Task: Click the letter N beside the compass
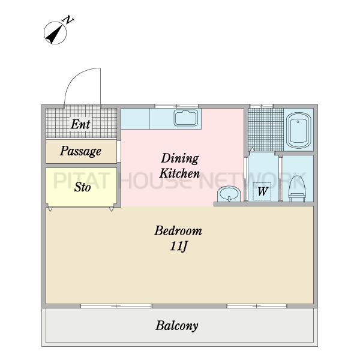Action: [68, 20]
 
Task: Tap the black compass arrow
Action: [55, 34]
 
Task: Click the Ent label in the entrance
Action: [80, 124]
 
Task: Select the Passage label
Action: [80, 151]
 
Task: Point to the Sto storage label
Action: [82, 187]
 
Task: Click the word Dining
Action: [180, 158]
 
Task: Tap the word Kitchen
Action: [179, 173]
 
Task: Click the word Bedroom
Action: [178, 231]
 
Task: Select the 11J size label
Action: [179, 247]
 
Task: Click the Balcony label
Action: [177, 326]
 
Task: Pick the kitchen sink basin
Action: [186, 118]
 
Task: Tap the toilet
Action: [298, 188]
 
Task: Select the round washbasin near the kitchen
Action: [229, 194]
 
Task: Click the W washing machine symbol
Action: [262, 191]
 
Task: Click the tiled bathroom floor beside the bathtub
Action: [266, 130]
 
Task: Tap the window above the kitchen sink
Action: [176, 106]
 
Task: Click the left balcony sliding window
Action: [116, 306]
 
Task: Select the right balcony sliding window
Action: [257, 306]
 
